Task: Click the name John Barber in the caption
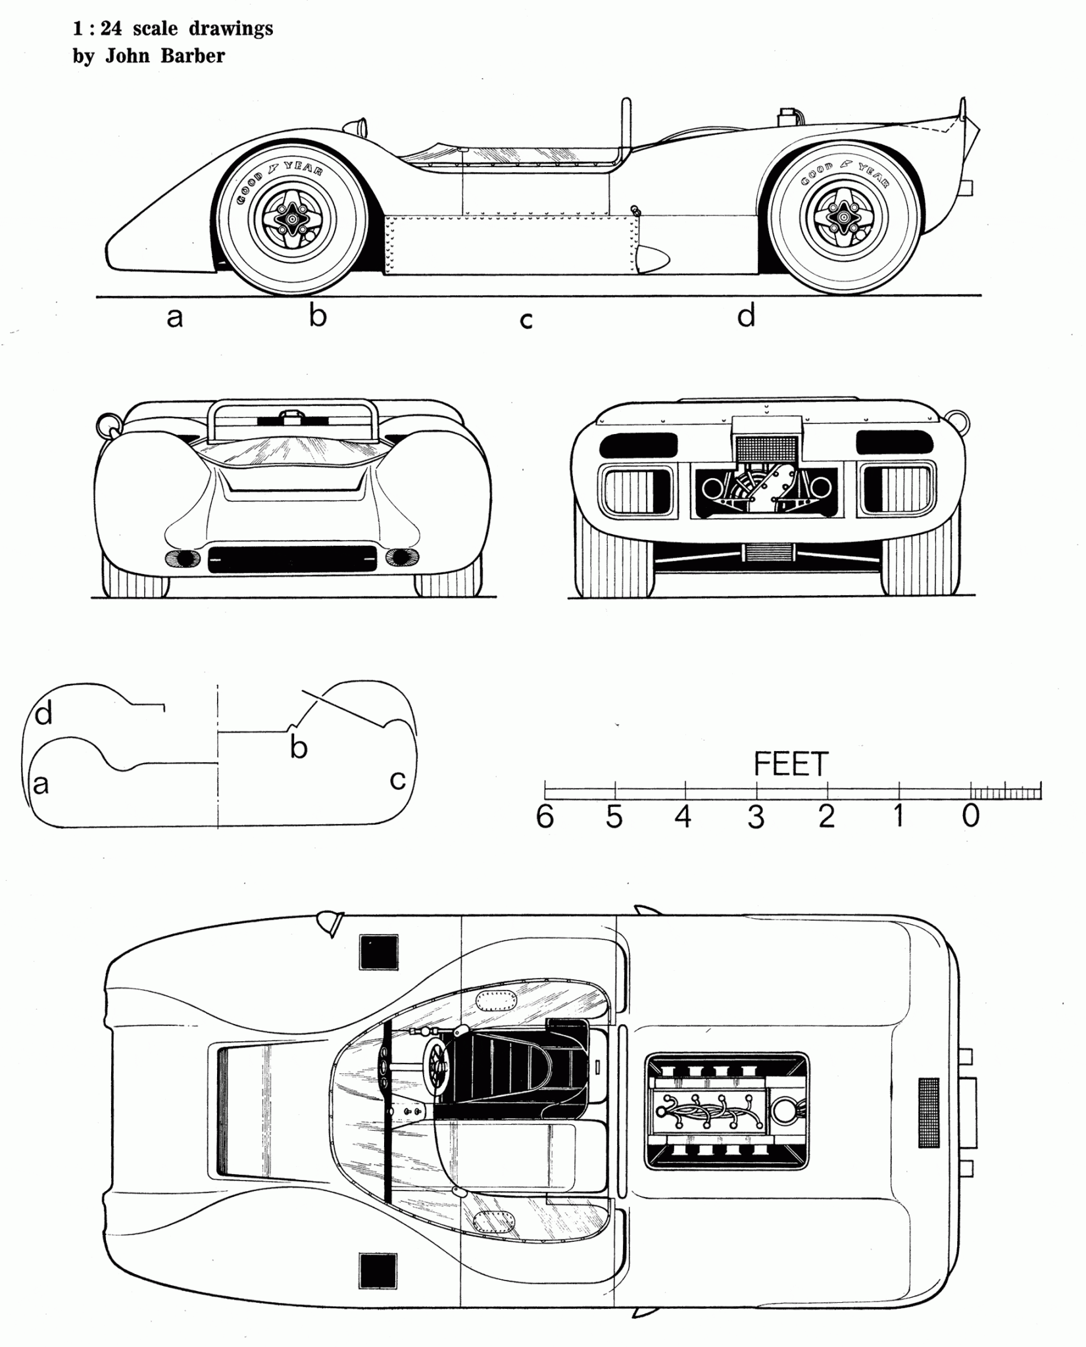click(165, 57)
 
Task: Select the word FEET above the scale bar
click(790, 764)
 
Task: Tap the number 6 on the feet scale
click(545, 817)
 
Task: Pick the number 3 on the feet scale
click(756, 818)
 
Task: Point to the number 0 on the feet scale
click(971, 817)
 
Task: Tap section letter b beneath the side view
click(318, 316)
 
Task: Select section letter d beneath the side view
click(746, 316)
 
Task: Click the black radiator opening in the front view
click(292, 560)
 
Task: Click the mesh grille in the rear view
click(767, 449)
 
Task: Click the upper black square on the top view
click(379, 952)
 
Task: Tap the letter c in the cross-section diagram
click(397, 780)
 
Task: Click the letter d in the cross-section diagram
click(43, 714)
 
